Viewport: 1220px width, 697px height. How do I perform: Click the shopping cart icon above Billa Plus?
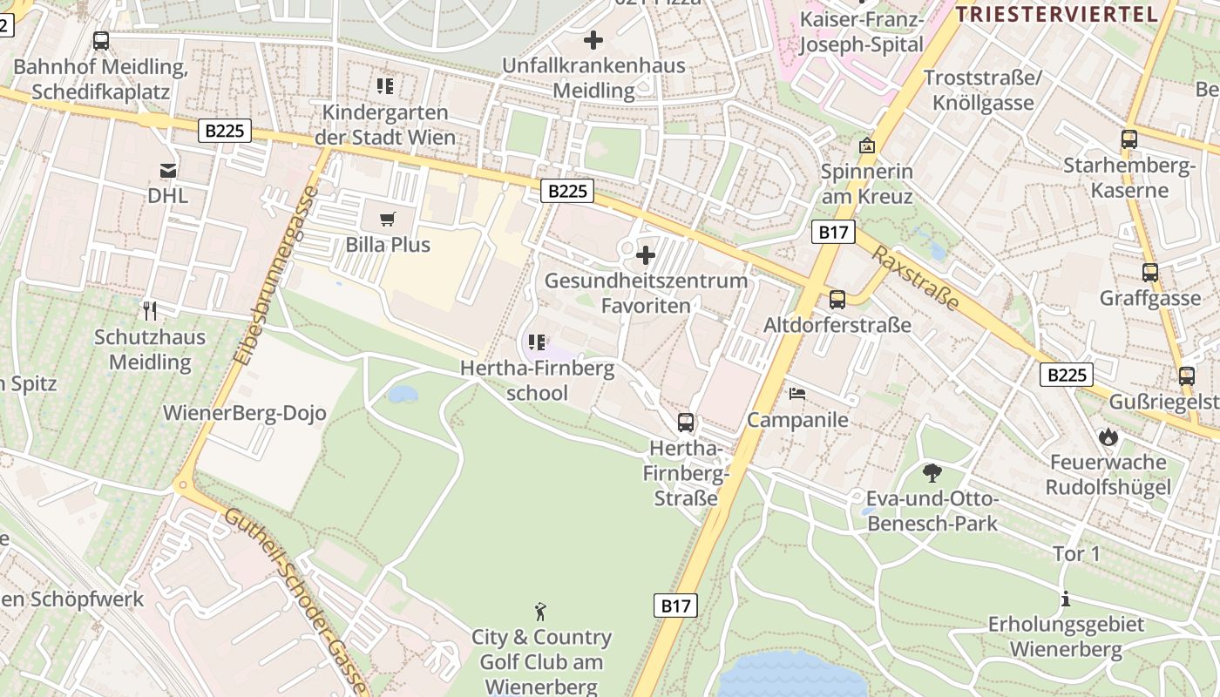388,219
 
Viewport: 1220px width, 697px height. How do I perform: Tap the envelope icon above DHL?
167,170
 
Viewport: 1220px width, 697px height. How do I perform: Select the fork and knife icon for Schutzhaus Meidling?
150,310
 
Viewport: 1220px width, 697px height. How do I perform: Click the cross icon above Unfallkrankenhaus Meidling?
593,40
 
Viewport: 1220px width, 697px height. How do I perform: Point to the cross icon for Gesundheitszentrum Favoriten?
646,255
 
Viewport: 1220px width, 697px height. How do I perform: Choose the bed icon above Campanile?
797,394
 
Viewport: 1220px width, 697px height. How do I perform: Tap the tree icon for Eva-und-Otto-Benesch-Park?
932,473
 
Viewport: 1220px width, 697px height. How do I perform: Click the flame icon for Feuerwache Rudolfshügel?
1108,436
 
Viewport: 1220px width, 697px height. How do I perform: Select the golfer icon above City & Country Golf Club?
541,612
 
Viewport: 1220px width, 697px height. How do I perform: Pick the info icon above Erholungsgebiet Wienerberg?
1065,599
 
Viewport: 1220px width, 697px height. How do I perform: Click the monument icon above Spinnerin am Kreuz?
866,145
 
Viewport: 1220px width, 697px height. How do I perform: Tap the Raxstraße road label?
916,278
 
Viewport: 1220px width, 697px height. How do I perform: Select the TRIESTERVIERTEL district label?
1056,14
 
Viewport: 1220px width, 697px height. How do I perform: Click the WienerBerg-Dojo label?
245,413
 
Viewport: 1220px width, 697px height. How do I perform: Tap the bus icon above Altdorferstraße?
837,300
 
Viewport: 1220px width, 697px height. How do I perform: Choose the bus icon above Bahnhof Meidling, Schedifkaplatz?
101,41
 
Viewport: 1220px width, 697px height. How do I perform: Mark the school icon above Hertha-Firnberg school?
537,342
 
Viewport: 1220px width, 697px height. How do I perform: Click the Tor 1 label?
1077,554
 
